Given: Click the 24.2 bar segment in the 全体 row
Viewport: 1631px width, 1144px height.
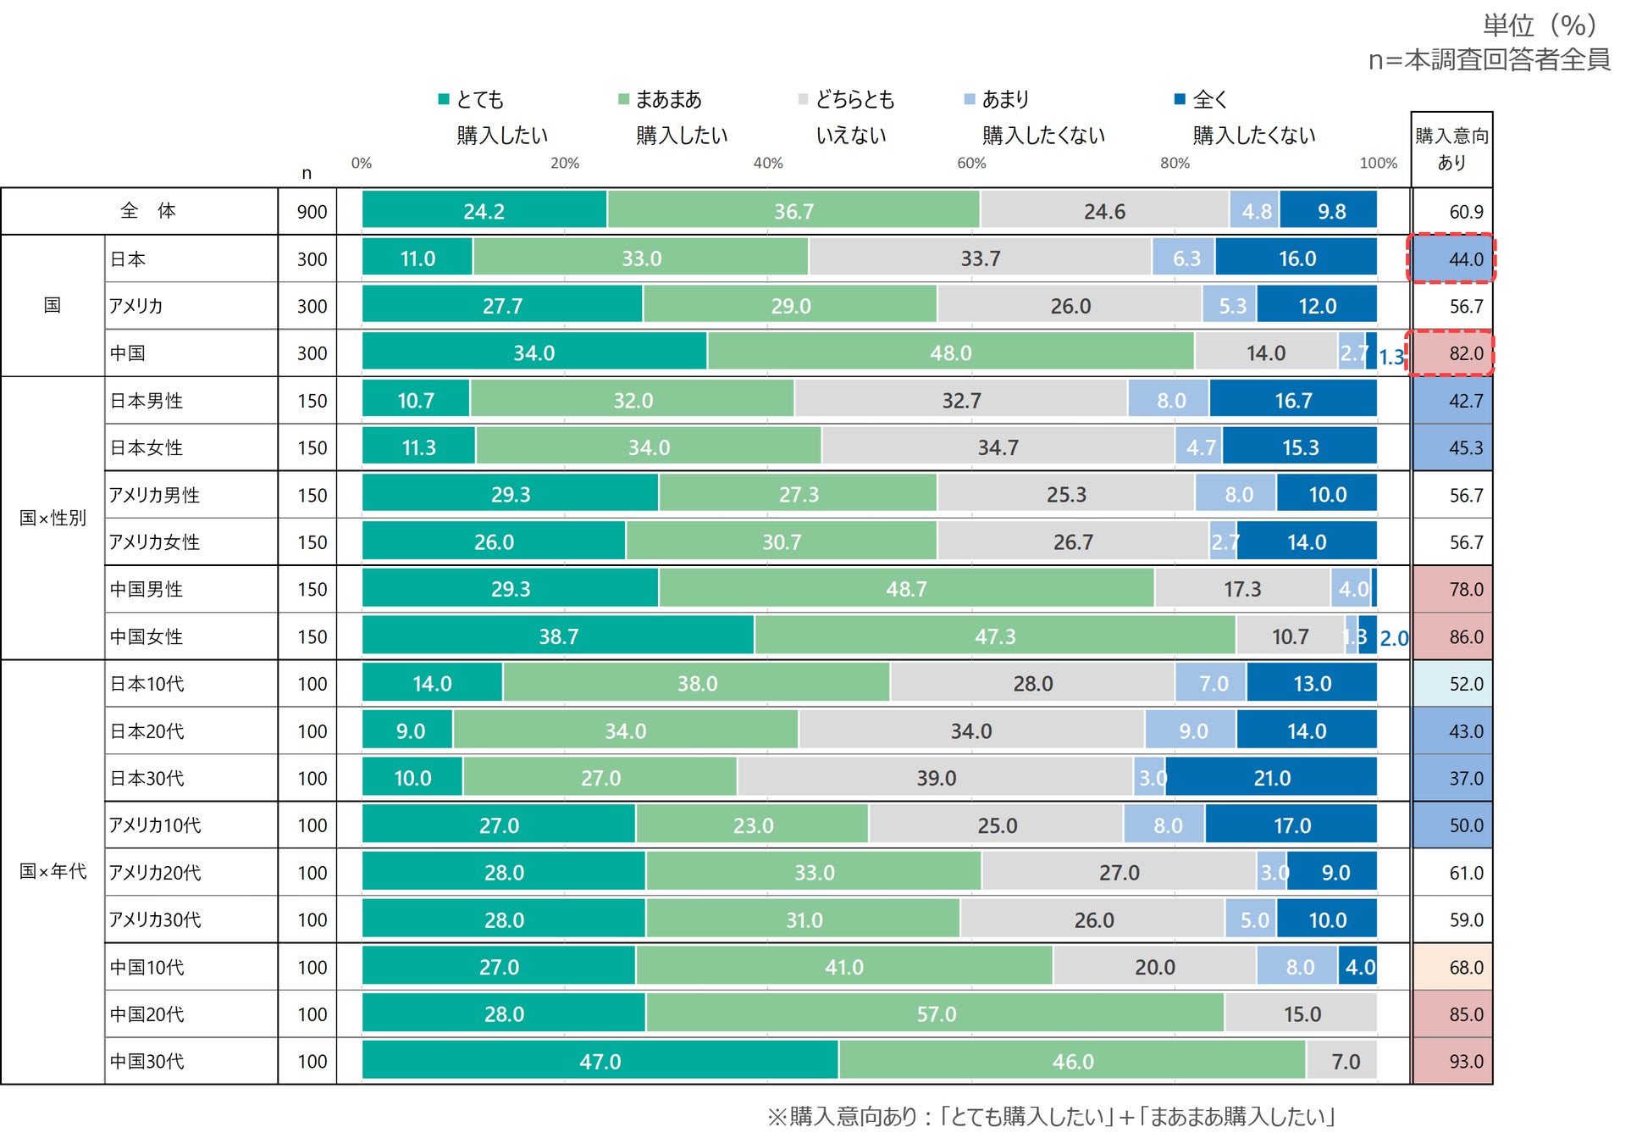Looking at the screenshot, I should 484,211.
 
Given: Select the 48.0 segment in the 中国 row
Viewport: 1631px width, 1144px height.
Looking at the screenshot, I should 950,353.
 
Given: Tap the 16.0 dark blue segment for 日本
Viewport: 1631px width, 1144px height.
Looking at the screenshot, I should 1297,258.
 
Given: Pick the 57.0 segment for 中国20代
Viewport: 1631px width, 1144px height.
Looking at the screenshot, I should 936,1013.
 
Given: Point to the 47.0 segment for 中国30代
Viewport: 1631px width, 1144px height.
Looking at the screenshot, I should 600,1061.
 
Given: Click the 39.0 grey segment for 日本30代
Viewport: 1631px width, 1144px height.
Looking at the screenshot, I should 936,778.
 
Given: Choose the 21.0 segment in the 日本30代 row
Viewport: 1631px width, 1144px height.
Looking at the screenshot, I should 1271,778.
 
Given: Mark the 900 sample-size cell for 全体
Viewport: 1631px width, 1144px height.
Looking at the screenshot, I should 312,212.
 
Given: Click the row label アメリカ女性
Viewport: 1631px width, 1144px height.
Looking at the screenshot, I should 154,542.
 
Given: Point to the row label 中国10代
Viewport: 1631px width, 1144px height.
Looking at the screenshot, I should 147,967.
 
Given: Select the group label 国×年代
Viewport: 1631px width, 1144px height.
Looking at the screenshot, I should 53,871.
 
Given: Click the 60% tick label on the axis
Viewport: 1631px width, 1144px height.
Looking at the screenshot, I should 971,163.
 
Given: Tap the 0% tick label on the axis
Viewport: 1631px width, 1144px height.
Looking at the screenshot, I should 362,163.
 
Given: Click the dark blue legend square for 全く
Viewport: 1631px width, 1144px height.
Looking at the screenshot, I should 1180,99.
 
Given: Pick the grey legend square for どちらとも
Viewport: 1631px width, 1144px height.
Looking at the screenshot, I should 803,99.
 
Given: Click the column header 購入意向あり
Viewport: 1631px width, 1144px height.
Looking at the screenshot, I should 1451,148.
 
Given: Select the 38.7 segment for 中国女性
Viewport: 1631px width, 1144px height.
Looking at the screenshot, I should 558,636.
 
